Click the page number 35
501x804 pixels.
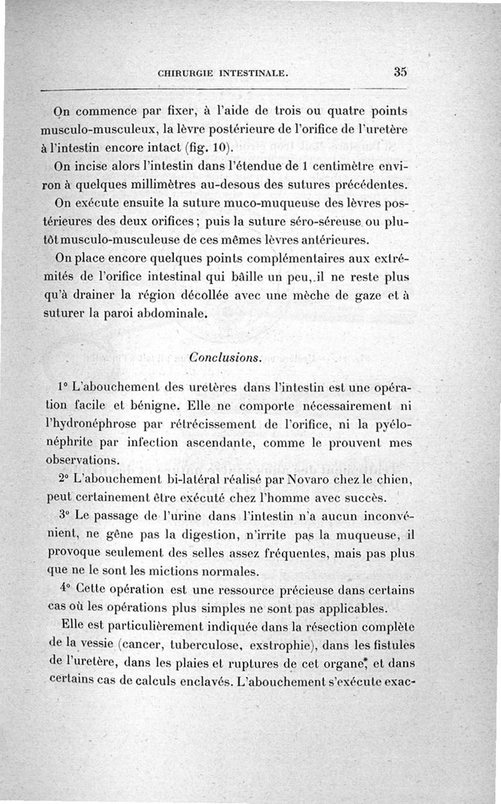point(401,71)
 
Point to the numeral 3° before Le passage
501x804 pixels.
point(65,517)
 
